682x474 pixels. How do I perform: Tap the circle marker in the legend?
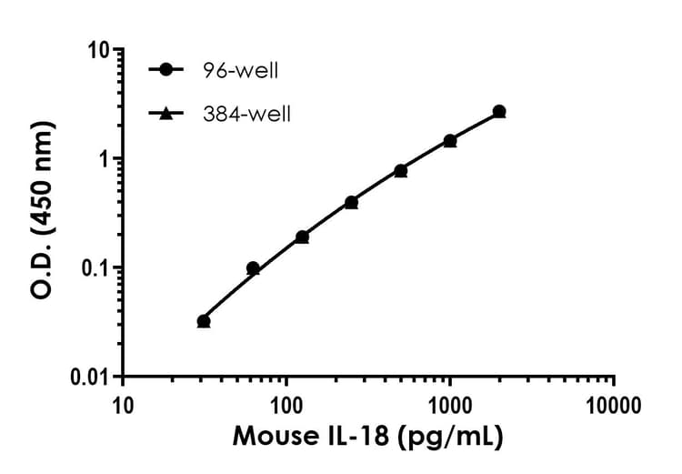click(165, 70)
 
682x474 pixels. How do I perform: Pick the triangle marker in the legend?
click(165, 114)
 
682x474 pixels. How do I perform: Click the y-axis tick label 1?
click(104, 158)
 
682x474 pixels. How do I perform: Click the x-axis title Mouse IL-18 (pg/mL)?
click(367, 438)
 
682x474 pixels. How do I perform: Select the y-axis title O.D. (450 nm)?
click(41, 213)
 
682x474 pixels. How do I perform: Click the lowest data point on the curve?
click(204, 321)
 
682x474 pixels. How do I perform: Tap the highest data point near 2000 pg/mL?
click(499, 112)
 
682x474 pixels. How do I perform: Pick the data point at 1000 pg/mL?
click(450, 141)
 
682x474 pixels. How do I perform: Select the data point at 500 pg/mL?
click(401, 171)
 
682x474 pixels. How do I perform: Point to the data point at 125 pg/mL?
click(302, 237)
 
